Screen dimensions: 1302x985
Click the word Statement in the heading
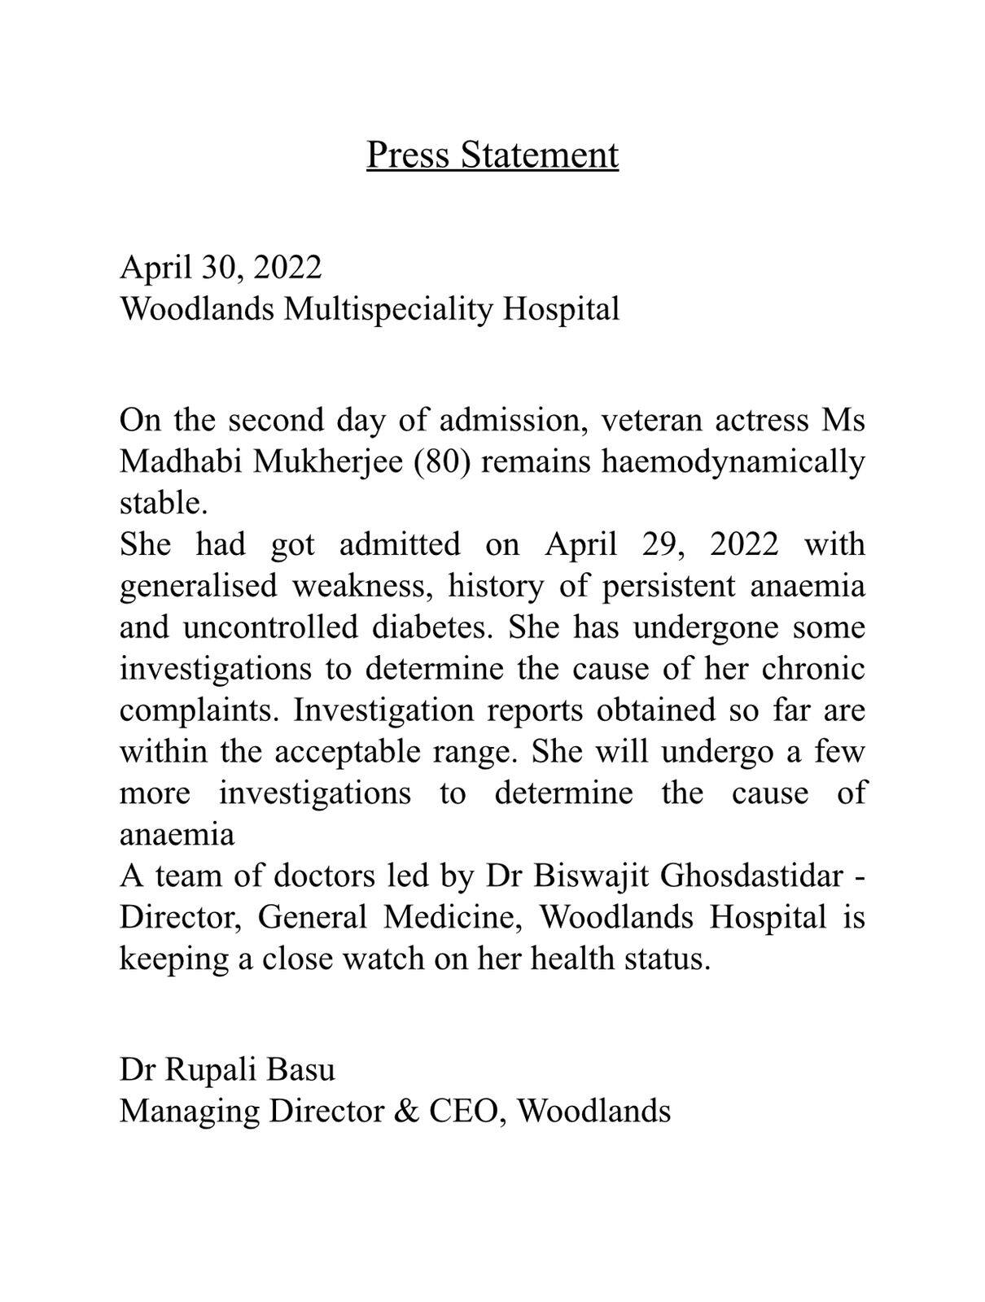(x=539, y=155)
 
